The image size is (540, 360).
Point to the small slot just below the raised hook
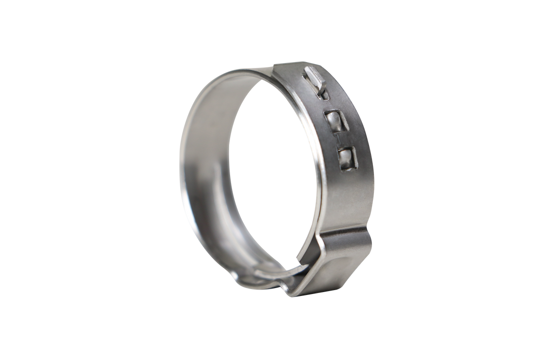point(321,92)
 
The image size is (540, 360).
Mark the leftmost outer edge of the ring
point(179,163)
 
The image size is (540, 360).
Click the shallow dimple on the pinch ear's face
point(345,268)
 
